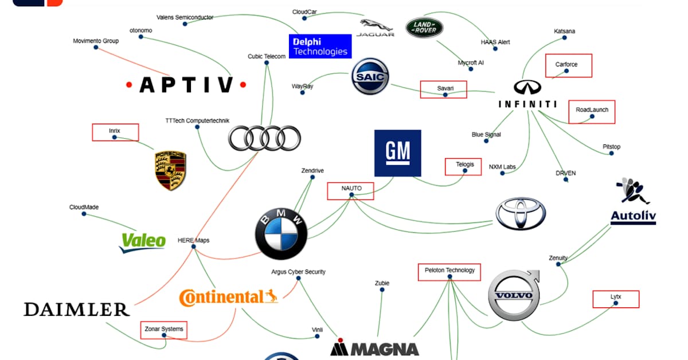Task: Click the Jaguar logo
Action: [376, 28]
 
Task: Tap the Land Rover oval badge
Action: [425, 27]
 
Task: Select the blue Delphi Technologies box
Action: [320, 46]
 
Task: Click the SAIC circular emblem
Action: [370, 76]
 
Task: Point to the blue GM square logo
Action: [397, 152]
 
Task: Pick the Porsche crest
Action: [171, 171]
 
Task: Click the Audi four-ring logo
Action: [264, 138]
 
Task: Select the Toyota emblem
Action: [521, 214]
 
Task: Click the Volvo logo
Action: [514, 296]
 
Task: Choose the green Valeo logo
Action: [143, 241]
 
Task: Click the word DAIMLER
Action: [76, 310]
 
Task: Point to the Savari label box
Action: [443, 89]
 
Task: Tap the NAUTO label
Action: [350, 191]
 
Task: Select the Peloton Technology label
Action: [449, 272]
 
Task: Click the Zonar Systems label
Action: [163, 330]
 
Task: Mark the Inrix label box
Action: [115, 132]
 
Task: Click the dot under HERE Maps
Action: [194, 247]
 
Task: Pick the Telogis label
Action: [463, 166]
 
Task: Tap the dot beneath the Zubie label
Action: [382, 290]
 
